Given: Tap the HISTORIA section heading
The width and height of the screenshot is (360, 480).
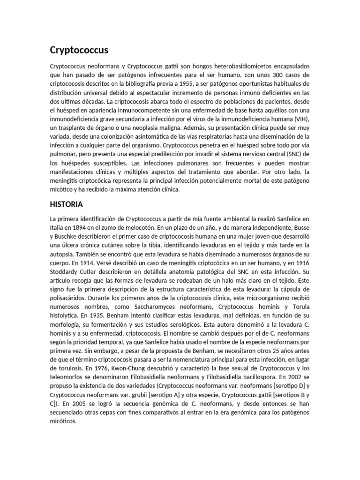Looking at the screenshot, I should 66,204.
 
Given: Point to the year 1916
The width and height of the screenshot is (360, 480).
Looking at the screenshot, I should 300,263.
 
